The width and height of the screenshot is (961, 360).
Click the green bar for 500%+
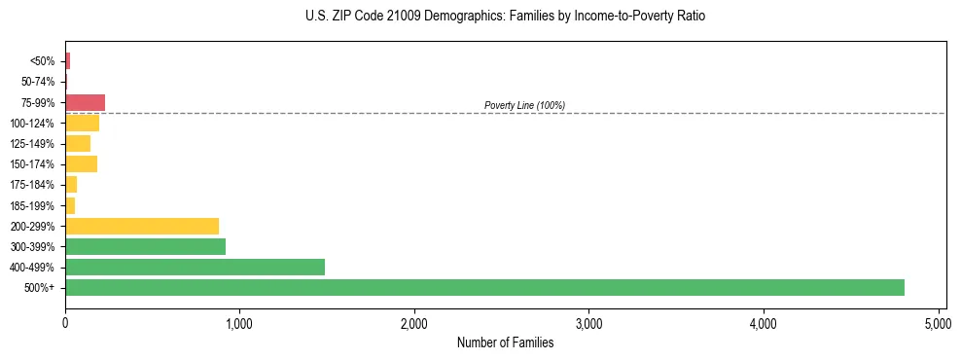[484, 287]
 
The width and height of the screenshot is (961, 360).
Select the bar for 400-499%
[195, 267]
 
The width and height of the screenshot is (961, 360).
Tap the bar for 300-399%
[145, 246]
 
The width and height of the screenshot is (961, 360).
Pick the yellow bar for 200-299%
[142, 226]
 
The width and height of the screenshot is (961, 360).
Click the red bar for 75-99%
[85, 102]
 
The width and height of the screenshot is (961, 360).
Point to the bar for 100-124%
[82, 123]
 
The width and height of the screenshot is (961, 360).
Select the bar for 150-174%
[81, 163]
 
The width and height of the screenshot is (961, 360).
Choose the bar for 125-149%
[78, 143]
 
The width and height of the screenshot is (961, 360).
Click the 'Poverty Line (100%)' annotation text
[524, 105]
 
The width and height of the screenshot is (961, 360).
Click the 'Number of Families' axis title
[506, 342]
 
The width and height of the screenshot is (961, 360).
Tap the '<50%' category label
[43, 61]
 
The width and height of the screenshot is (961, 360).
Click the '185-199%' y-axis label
[33, 205]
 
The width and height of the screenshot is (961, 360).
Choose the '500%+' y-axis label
[39, 288]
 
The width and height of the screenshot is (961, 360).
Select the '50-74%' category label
[38, 82]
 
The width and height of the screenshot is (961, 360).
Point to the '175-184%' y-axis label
[33, 185]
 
